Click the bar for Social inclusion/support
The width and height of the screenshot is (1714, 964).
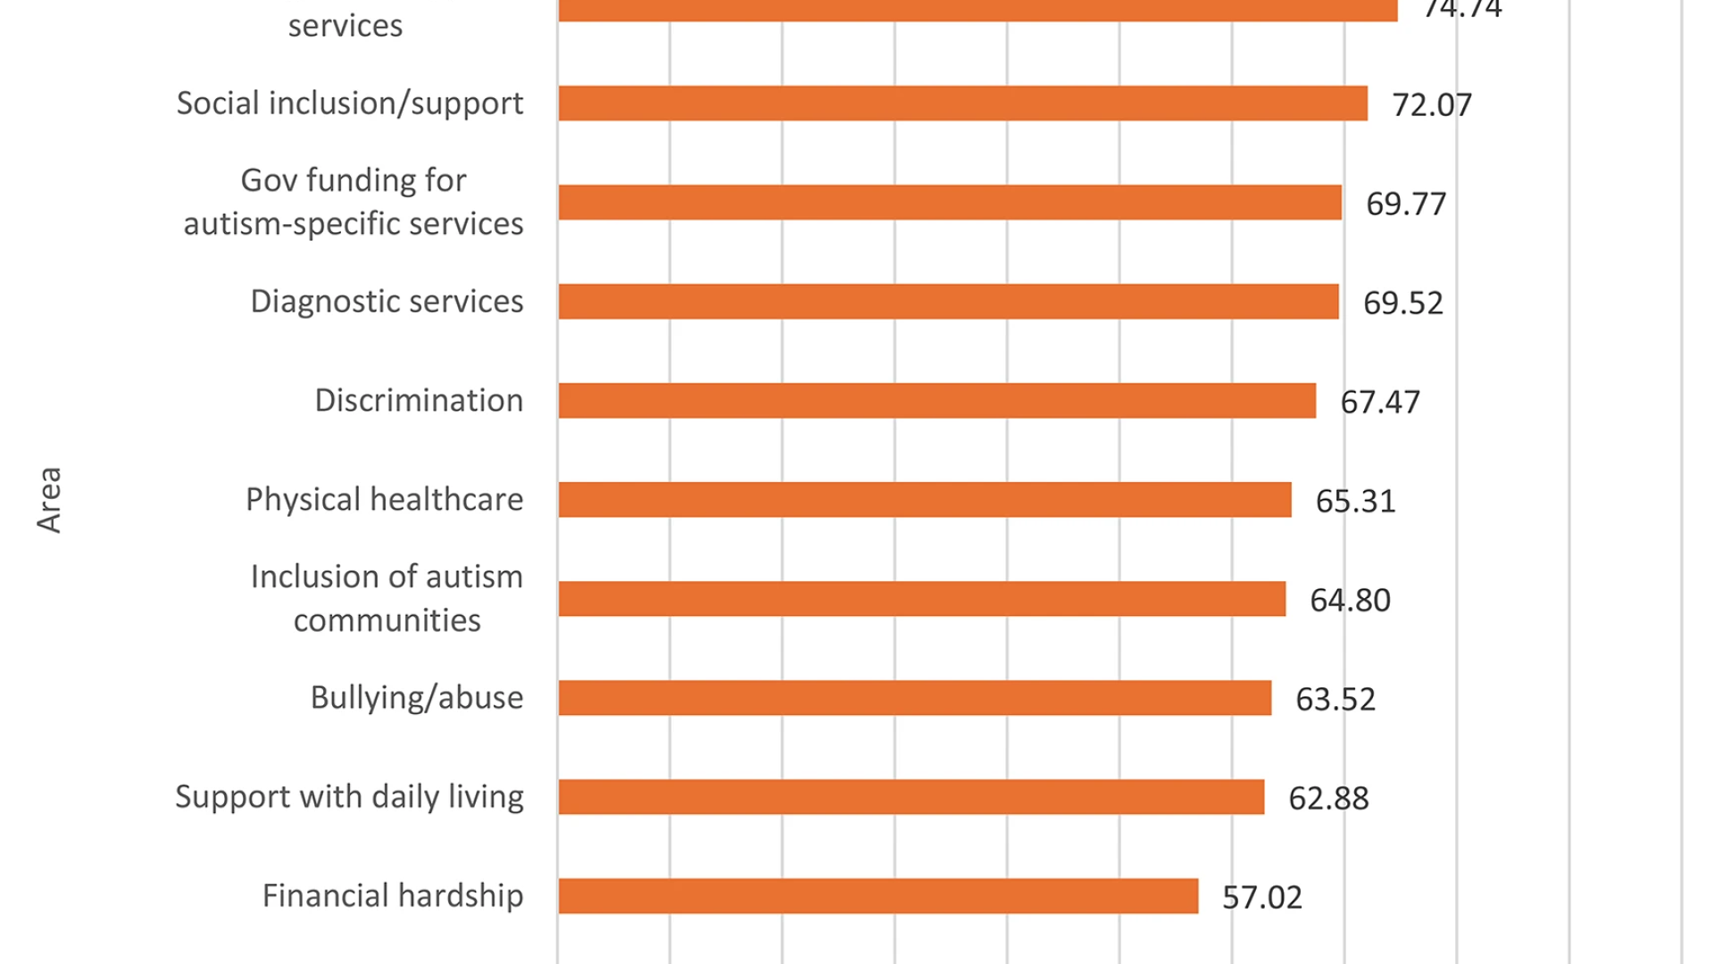(962, 104)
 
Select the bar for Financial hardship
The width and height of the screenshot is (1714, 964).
(878, 896)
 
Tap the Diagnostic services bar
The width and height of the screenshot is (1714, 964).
(948, 302)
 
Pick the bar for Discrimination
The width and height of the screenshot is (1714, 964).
(936, 401)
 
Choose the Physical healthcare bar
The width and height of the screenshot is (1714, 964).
(925, 500)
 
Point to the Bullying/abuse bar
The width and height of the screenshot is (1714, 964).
(915, 698)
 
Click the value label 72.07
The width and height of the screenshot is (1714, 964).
(1432, 105)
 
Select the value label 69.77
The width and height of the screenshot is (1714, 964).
(1406, 204)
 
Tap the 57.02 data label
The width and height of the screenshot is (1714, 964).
(1262, 897)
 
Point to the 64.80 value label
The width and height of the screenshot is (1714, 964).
(1350, 600)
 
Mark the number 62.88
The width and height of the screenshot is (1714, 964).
(1328, 798)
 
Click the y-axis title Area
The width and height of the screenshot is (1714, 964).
(50, 500)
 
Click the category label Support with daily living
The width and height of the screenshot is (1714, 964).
(349, 796)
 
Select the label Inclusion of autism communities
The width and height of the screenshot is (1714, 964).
(387, 598)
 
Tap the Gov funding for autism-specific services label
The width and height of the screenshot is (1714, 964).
(354, 202)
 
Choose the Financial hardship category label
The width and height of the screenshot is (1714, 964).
(393, 895)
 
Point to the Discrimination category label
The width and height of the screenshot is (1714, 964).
(419, 401)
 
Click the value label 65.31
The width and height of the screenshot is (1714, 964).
(1355, 501)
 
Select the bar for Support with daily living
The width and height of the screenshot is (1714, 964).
(911, 797)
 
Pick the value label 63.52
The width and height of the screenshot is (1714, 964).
(1335, 699)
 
